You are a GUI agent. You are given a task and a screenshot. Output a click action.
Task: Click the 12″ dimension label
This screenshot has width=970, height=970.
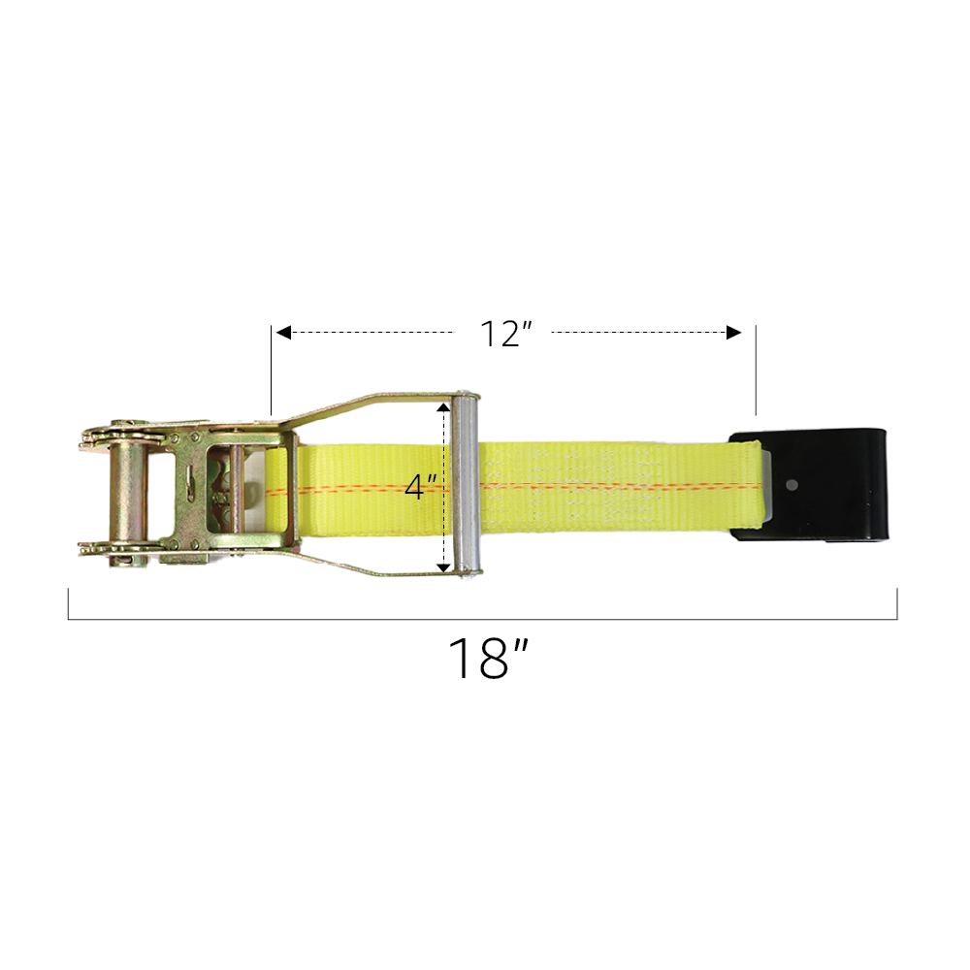tap(505, 334)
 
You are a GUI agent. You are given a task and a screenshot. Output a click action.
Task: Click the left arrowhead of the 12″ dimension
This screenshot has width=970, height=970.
tap(283, 333)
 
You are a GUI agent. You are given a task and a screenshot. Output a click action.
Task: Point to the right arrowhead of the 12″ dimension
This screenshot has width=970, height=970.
tap(734, 333)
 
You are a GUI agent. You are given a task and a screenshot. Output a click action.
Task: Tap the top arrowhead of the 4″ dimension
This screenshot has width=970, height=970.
tap(444, 405)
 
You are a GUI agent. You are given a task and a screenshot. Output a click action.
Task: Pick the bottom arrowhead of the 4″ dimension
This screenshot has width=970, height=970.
tap(444, 566)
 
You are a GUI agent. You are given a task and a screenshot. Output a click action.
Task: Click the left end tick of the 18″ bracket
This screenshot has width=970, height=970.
tap(68, 603)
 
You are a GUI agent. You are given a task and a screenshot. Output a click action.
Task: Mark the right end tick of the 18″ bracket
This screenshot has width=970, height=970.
tap(897, 603)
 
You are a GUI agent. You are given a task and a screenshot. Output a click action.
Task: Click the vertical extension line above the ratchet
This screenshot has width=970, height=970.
tap(271, 370)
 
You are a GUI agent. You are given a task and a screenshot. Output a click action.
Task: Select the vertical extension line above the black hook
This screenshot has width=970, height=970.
tap(756, 370)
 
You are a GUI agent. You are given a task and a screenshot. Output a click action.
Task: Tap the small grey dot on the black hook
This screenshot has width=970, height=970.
tap(792, 484)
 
